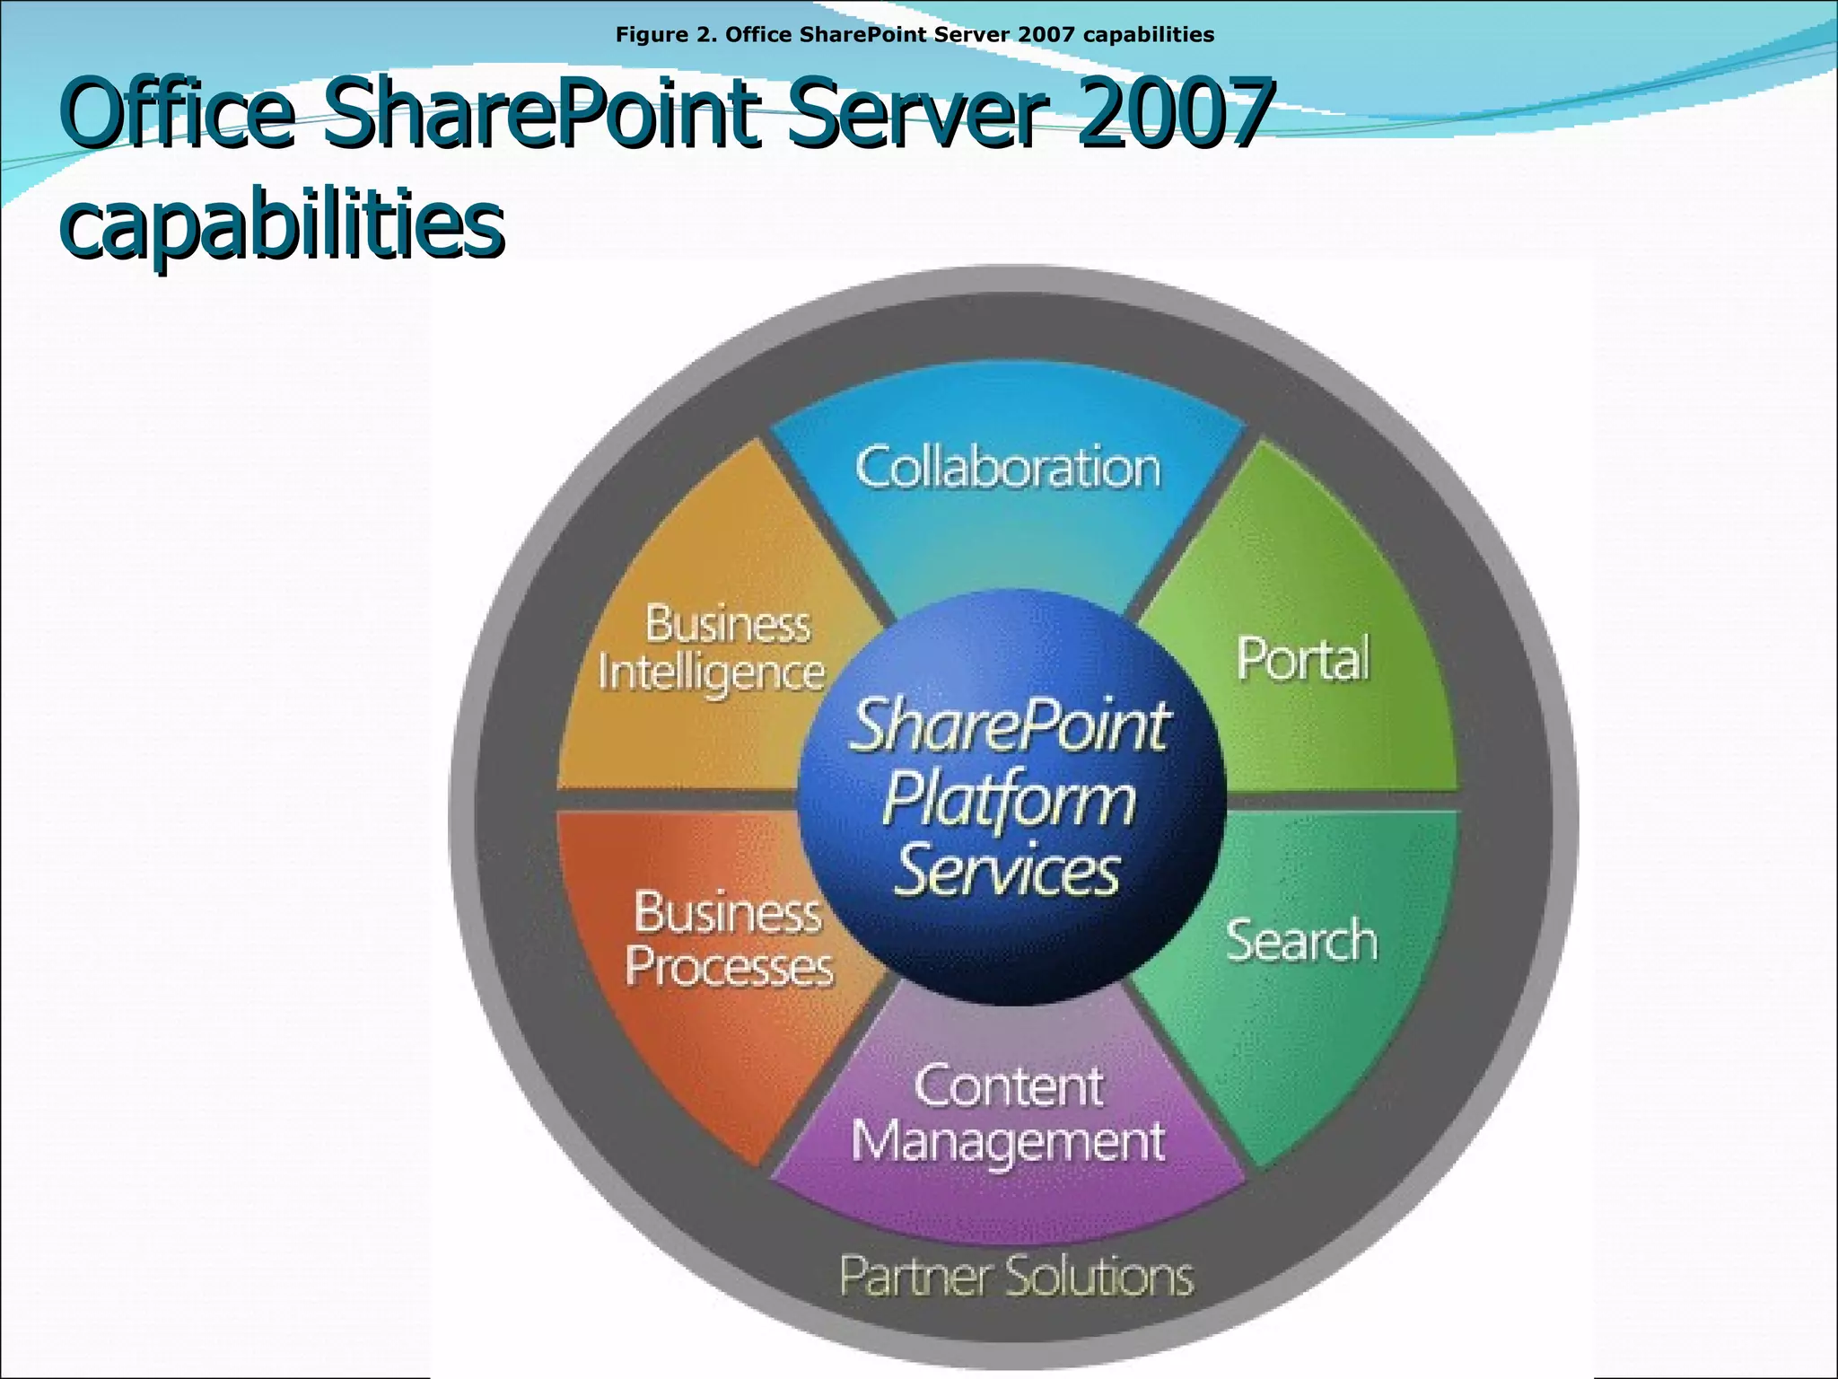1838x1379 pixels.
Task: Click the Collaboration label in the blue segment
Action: pos(1008,469)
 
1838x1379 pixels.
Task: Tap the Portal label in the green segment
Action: pos(1303,660)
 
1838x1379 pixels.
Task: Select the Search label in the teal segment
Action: pos(1301,941)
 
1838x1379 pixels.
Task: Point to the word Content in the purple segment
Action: pos(1009,1087)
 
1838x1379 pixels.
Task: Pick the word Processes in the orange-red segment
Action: pos(729,968)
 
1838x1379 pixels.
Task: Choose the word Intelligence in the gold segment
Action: pos(711,673)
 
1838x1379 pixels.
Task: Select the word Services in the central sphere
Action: pos(1008,871)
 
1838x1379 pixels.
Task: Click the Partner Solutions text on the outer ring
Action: pos(1016,1276)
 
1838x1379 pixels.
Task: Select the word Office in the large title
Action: pos(178,113)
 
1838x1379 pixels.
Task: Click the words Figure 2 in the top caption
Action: pos(664,35)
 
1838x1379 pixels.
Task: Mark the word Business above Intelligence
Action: pos(728,624)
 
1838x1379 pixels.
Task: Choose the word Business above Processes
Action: pos(728,913)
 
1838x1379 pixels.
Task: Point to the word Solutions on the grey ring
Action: pos(1105,1276)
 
